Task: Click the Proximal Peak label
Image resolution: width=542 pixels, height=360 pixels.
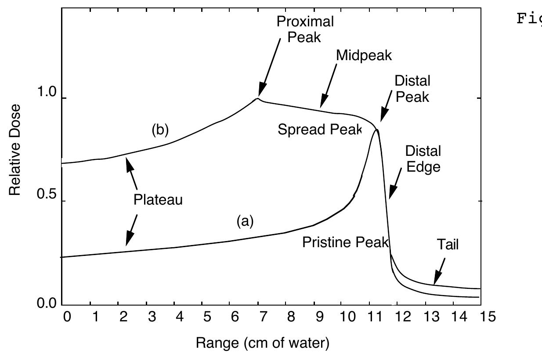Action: tap(305, 29)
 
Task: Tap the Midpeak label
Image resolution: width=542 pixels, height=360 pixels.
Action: tap(363, 55)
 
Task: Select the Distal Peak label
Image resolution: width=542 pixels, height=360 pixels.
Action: tap(412, 88)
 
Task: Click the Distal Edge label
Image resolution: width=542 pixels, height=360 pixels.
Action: tap(423, 158)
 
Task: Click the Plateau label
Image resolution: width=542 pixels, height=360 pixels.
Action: tap(158, 200)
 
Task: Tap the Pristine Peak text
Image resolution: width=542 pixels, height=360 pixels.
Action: tap(346, 242)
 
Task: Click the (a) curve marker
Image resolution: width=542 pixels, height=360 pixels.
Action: tap(245, 222)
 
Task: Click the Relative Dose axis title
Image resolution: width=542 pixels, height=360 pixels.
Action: tap(16, 149)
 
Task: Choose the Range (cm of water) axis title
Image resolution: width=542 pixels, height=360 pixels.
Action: tap(262, 342)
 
